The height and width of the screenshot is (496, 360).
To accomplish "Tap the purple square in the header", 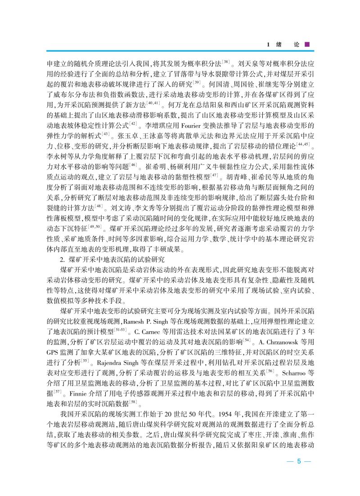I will [x=307, y=45].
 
